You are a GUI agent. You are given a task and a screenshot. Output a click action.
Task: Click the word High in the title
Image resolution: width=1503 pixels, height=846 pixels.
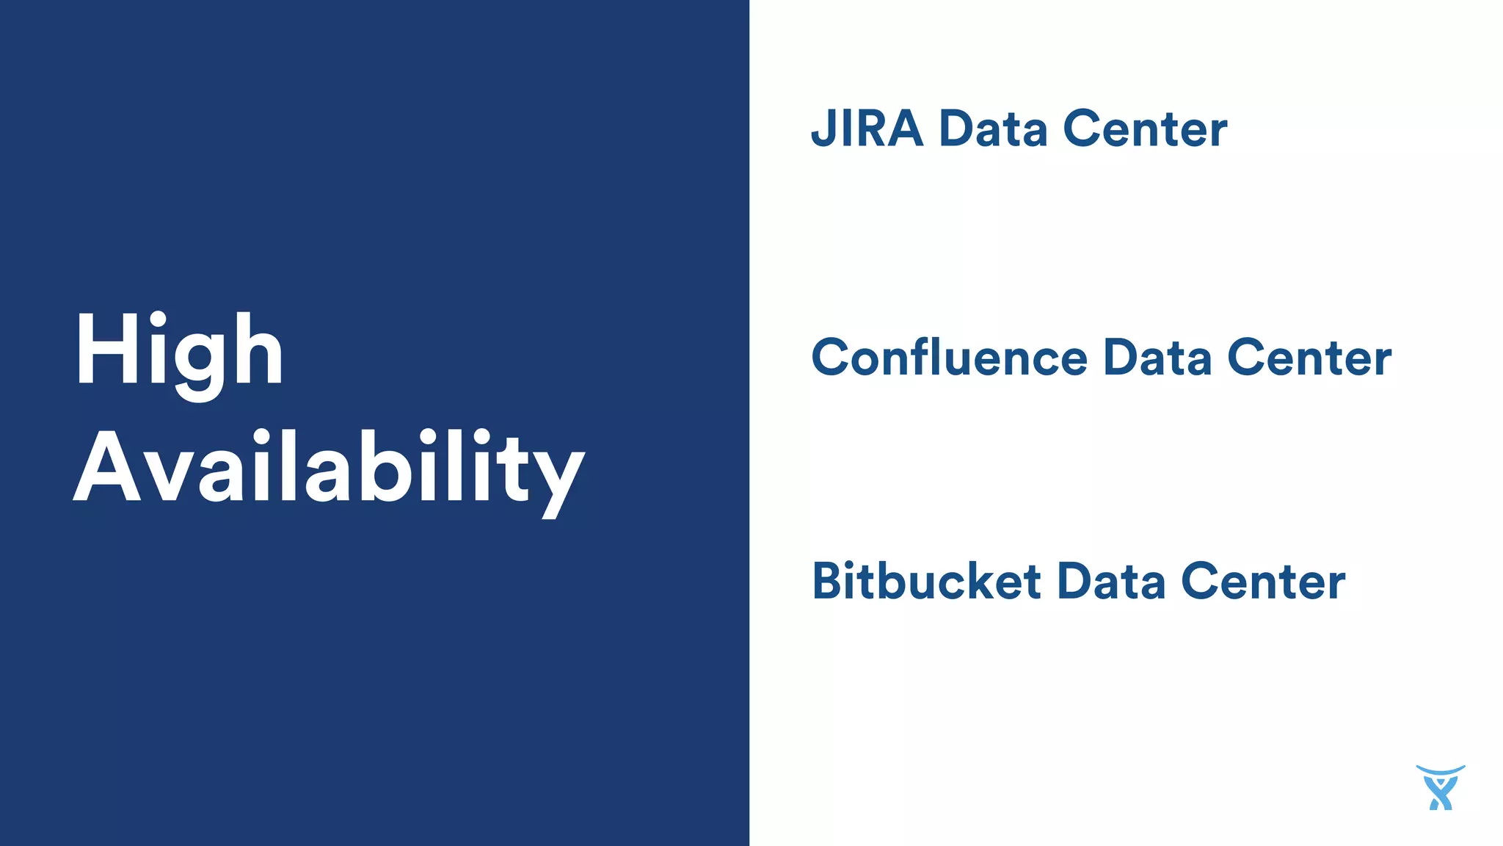178,351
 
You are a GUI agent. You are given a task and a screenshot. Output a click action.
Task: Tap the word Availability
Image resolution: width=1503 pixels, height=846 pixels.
329,469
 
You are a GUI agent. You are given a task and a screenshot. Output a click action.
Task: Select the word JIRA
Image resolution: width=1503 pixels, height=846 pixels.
866,129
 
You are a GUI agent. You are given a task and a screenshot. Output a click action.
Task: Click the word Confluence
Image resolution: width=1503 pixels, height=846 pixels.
949,358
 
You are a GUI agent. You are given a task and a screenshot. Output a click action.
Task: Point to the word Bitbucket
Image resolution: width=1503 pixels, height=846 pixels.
926,582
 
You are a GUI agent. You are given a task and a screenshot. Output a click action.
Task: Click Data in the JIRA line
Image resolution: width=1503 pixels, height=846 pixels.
993,129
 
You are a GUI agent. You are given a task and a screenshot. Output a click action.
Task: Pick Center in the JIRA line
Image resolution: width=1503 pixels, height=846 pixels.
1145,129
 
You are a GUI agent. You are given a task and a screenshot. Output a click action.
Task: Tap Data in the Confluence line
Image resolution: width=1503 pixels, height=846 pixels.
1157,358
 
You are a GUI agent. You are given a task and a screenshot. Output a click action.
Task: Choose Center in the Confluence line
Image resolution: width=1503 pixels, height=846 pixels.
1309,358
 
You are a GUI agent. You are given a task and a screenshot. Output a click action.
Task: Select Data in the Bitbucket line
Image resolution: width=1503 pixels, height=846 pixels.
1111,582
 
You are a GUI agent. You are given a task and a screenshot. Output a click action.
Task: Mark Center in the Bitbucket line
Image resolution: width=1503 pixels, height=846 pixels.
1263,582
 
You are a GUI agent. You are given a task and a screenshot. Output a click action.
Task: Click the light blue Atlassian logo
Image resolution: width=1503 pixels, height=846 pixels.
1440,788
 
